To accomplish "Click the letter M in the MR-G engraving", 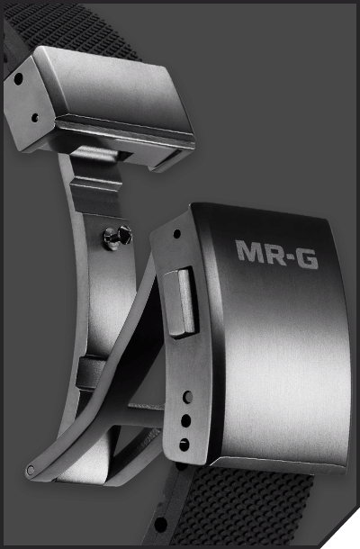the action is [x=248, y=251].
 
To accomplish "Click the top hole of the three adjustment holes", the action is [x=188, y=397].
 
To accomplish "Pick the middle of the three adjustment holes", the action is [x=186, y=420].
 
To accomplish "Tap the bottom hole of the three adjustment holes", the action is [x=184, y=445].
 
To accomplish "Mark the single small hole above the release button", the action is [x=176, y=233].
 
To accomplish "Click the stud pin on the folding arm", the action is [x=118, y=237].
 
